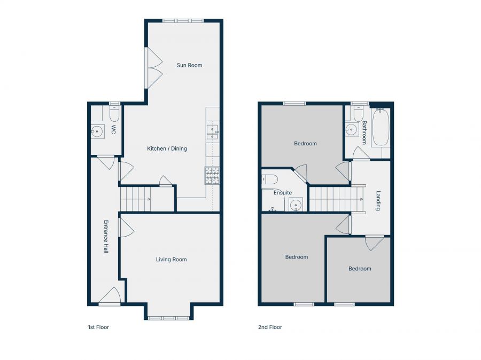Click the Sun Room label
(190, 65)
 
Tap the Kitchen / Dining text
(167, 148)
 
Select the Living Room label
(171, 260)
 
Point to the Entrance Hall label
(106, 236)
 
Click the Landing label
(378, 201)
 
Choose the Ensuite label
(282, 192)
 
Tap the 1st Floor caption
(98, 327)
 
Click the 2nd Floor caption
(270, 327)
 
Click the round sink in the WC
(97, 130)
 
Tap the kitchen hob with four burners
(212, 175)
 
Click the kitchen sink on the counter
(212, 131)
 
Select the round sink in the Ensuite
(295, 204)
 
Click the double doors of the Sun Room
(154, 68)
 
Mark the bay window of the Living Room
(168, 318)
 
